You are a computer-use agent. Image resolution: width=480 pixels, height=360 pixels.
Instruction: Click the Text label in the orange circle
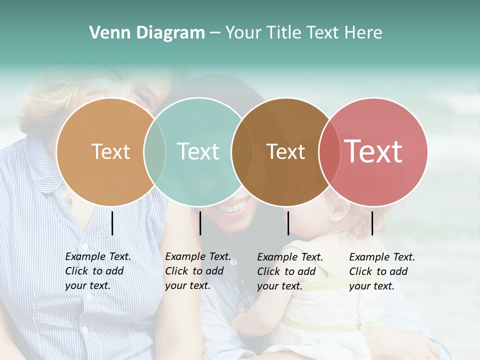pyautogui.click(x=110, y=151)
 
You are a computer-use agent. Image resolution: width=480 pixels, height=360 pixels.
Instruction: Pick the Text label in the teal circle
pyautogui.click(x=198, y=151)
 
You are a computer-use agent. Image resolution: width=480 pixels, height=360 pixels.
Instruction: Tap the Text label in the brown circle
pyautogui.click(x=285, y=151)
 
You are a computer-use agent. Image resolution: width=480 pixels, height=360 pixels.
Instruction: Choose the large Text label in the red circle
pyautogui.click(x=373, y=151)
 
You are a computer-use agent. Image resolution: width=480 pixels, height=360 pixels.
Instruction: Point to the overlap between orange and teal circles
pyautogui.click(x=154, y=151)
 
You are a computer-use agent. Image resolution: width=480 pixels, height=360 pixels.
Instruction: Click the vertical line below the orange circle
pyautogui.click(x=112, y=223)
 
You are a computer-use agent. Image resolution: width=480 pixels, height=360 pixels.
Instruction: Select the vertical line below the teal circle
pyautogui.click(x=200, y=223)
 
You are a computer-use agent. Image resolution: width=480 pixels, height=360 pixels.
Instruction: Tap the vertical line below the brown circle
pyautogui.click(x=288, y=223)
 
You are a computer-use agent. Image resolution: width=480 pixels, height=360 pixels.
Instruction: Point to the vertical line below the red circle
pyautogui.click(x=372, y=223)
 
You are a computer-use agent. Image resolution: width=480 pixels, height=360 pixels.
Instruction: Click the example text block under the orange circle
pyautogui.click(x=97, y=271)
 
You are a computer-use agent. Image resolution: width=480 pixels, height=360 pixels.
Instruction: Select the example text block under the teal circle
pyautogui.click(x=197, y=271)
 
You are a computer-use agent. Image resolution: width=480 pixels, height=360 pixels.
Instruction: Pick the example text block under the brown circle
pyautogui.click(x=289, y=271)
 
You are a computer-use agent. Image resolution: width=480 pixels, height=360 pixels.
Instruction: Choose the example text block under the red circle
pyautogui.click(x=381, y=271)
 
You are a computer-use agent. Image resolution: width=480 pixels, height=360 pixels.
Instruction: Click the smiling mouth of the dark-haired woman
pyautogui.click(x=234, y=206)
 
